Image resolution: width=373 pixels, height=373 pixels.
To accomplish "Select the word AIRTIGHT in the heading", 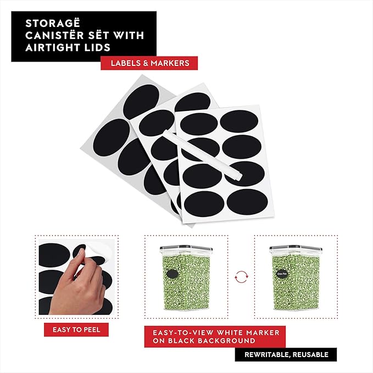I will pyautogui.click(x=51, y=47).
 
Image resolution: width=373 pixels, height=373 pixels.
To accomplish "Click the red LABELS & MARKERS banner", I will pyautogui.click(x=149, y=63).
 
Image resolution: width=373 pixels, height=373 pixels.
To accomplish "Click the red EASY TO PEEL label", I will pyautogui.click(x=76, y=330).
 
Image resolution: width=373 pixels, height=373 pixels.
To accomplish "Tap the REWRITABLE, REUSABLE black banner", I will pyautogui.click(x=286, y=354).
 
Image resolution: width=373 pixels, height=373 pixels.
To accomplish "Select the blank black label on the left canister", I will pyautogui.click(x=174, y=275).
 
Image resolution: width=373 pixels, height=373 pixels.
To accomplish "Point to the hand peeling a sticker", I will pyautogui.click(x=66, y=286).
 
